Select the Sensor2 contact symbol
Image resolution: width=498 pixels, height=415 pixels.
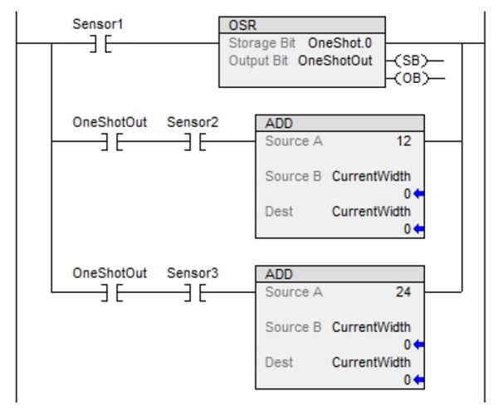pos(193,142)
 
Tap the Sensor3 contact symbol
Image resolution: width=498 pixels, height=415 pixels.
pos(193,292)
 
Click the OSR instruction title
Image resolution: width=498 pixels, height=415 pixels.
pos(237,25)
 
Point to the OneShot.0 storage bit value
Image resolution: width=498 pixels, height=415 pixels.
pos(340,42)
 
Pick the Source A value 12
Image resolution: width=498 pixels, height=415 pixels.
pos(404,141)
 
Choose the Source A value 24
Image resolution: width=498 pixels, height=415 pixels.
pos(404,292)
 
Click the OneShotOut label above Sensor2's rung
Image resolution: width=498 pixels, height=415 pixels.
pos(110,123)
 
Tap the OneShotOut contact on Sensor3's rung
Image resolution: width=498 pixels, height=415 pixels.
pos(110,292)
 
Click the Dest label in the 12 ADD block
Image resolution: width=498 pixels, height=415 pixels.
pos(279,211)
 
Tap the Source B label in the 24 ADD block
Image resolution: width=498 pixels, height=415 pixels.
pos(293,327)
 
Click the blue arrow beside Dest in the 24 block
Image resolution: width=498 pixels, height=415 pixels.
pos(418,379)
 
